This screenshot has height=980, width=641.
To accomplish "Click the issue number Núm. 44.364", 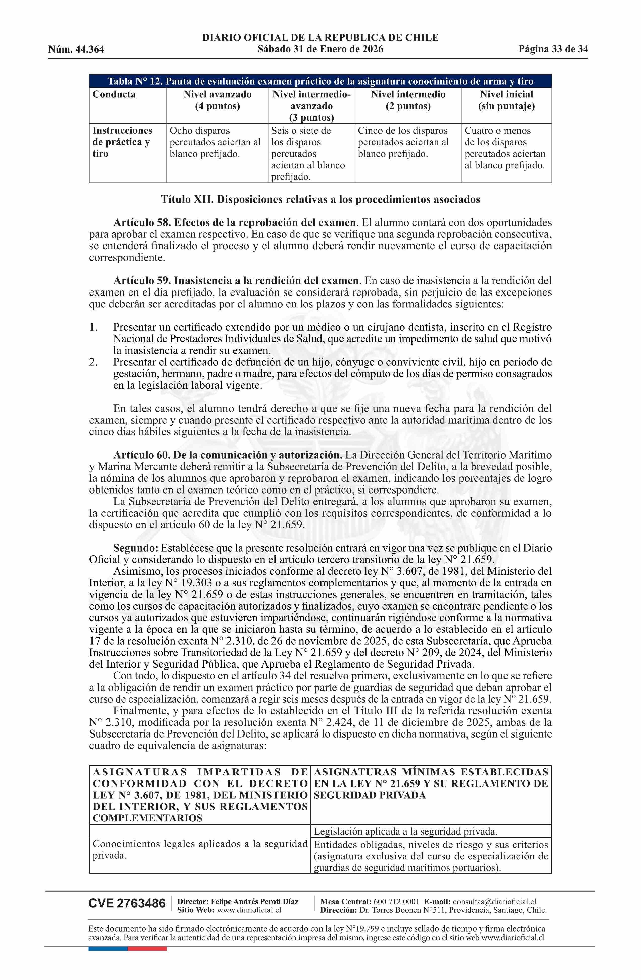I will (76, 50).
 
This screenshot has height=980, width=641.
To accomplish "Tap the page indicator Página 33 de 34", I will (553, 50).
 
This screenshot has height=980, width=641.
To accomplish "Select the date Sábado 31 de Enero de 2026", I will (320, 50).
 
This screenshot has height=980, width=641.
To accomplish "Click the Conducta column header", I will (114, 94).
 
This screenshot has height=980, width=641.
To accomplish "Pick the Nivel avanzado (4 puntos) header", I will (217, 100).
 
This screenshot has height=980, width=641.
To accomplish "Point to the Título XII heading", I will (320, 200).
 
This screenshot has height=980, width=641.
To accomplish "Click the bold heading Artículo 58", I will (234, 223).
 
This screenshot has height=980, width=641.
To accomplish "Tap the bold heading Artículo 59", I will (236, 281).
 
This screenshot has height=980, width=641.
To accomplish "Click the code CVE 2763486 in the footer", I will (127, 904).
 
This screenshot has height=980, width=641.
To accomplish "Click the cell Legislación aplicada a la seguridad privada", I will (406, 831).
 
